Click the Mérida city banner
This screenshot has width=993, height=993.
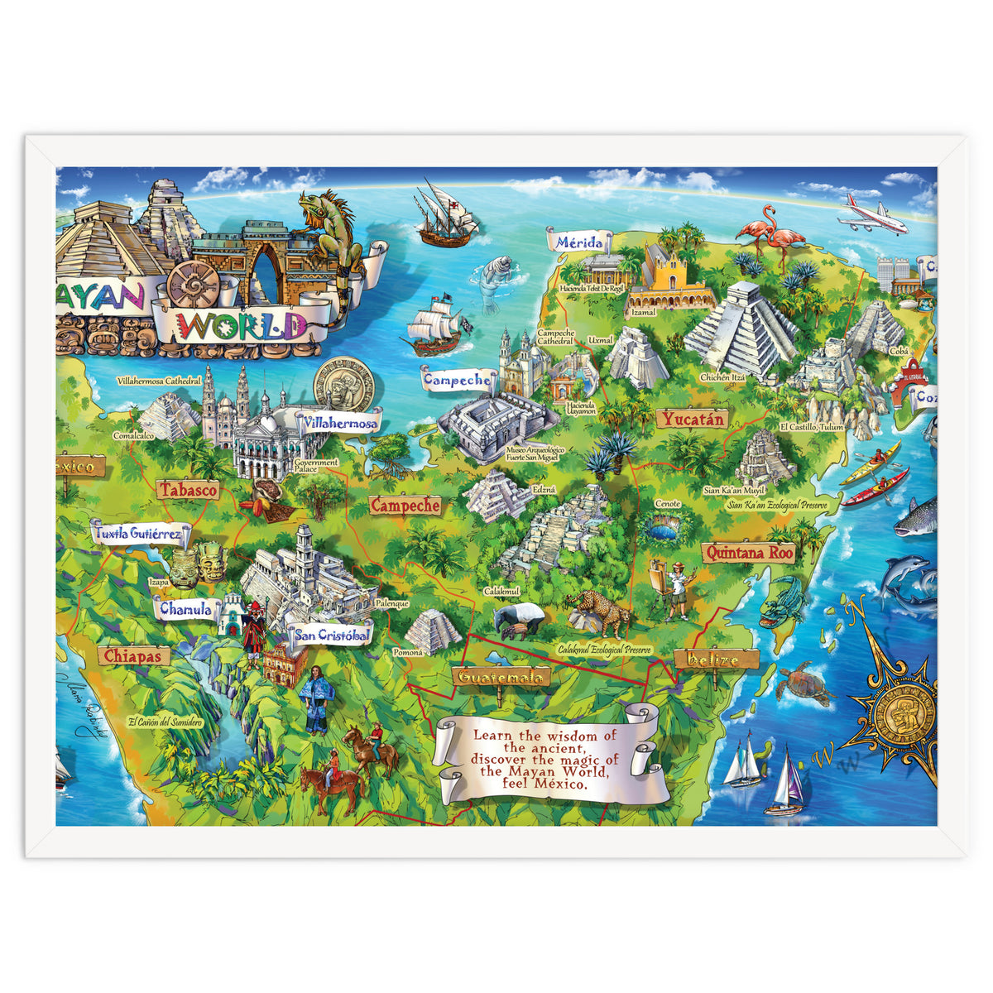(579, 242)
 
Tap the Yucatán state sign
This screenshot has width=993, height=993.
(693, 420)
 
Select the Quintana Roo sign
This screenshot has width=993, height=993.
(748, 553)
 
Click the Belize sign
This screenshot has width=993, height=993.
(716, 660)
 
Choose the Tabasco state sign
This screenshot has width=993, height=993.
(189, 490)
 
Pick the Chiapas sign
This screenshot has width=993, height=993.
(134, 656)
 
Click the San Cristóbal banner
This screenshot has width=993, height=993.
(331, 636)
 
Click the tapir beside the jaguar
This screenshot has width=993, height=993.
(520, 618)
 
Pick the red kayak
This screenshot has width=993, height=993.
(875, 488)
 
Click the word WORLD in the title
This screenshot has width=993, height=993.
(242, 325)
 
